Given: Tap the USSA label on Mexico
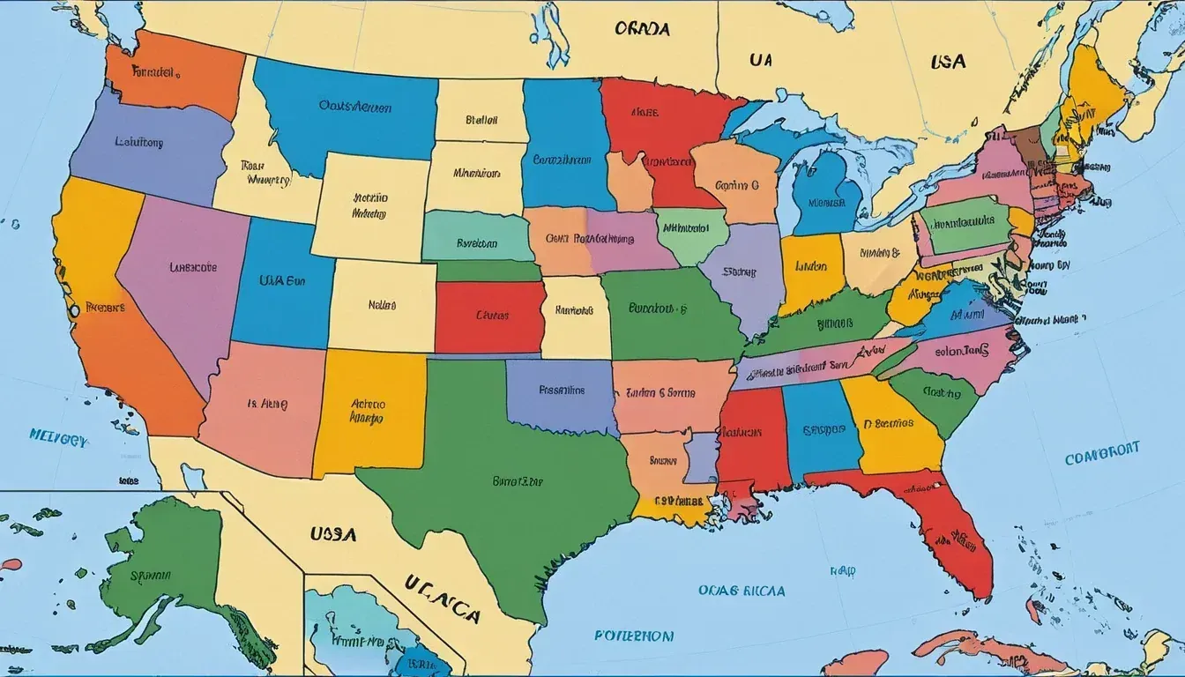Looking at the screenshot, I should point(332,534).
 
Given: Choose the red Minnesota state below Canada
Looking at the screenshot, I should point(657,132).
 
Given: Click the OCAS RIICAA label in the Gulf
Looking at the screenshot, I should point(731,590).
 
